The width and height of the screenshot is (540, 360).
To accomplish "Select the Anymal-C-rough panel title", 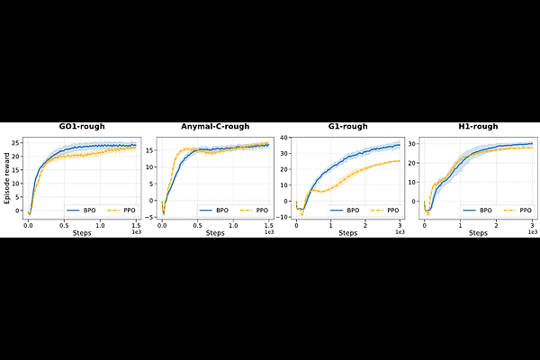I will pyautogui.click(x=215, y=127).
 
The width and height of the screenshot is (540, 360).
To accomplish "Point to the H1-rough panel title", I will pyautogui.click(x=479, y=127).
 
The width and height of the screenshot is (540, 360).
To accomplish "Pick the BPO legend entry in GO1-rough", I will pyautogui.click(x=82, y=209).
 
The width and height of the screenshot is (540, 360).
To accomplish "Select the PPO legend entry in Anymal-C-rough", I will pyautogui.click(x=253, y=209).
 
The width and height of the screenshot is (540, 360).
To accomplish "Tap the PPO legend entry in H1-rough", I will pyautogui.click(x=516, y=209).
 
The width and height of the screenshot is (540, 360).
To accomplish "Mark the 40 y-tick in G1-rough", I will pyautogui.click(x=283, y=137).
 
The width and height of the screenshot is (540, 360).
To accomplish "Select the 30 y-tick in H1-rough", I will pyautogui.click(x=415, y=144).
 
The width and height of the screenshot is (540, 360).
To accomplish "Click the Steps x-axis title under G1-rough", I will pyautogui.click(x=347, y=233).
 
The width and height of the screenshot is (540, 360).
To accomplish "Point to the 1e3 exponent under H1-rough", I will pyautogui.click(x=533, y=231).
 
